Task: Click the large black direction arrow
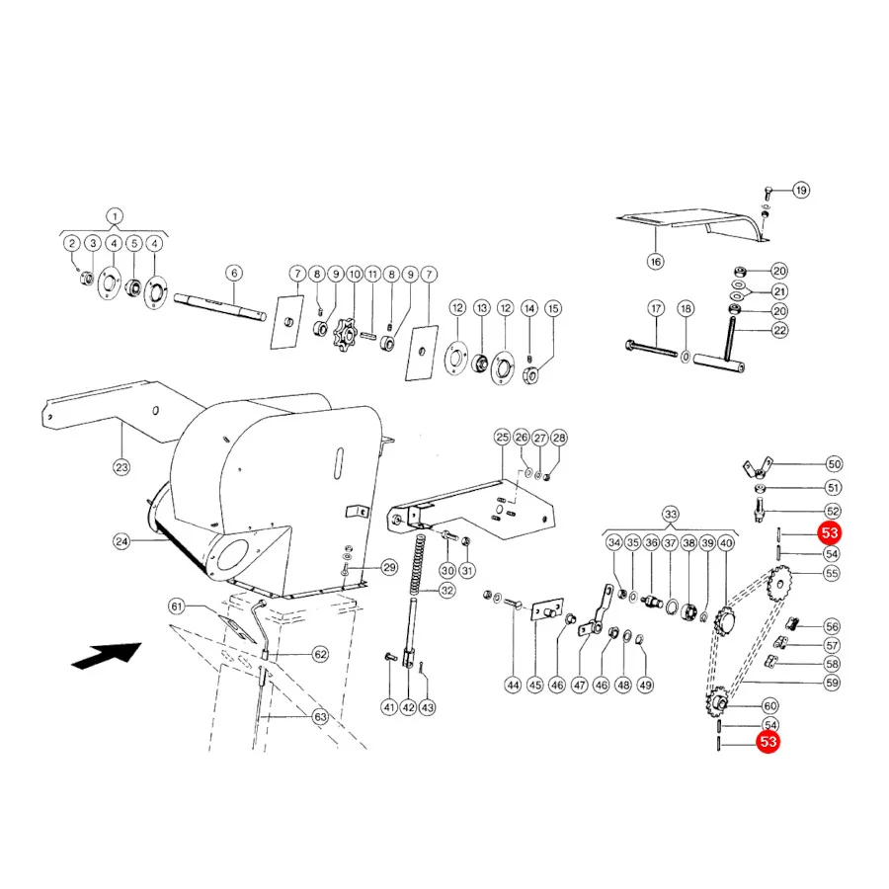pyautogui.click(x=108, y=656)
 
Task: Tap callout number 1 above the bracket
pyautogui.click(x=115, y=216)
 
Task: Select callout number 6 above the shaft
pyautogui.click(x=234, y=274)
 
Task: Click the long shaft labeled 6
pyautogui.click(x=220, y=307)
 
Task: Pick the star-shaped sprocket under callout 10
pyautogui.click(x=346, y=335)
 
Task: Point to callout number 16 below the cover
pyautogui.click(x=656, y=262)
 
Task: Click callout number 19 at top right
pyautogui.click(x=800, y=190)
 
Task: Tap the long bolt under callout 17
pyautogui.click(x=651, y=348)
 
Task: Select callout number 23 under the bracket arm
pyautogui.click(x=121, y=468)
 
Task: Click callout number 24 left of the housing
pyautogui.click(x=121, y=541)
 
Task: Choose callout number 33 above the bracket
pyautogui.click(x=670, y=515)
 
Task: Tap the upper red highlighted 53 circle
pyautogui.click(x=830, y=533)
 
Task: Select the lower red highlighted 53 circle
pyautogui.click(x=768, y=742)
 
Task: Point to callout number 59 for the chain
pyautogui.click(x=832, y=683)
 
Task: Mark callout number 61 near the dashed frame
pyautogui.click(x=177, y=606)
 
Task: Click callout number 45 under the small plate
pyautogui.click(x=535, y=685)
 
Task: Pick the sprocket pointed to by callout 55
pyautogui.click(x=779, y=583)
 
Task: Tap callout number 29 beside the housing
pyautogui.click(x=389, y=567)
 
